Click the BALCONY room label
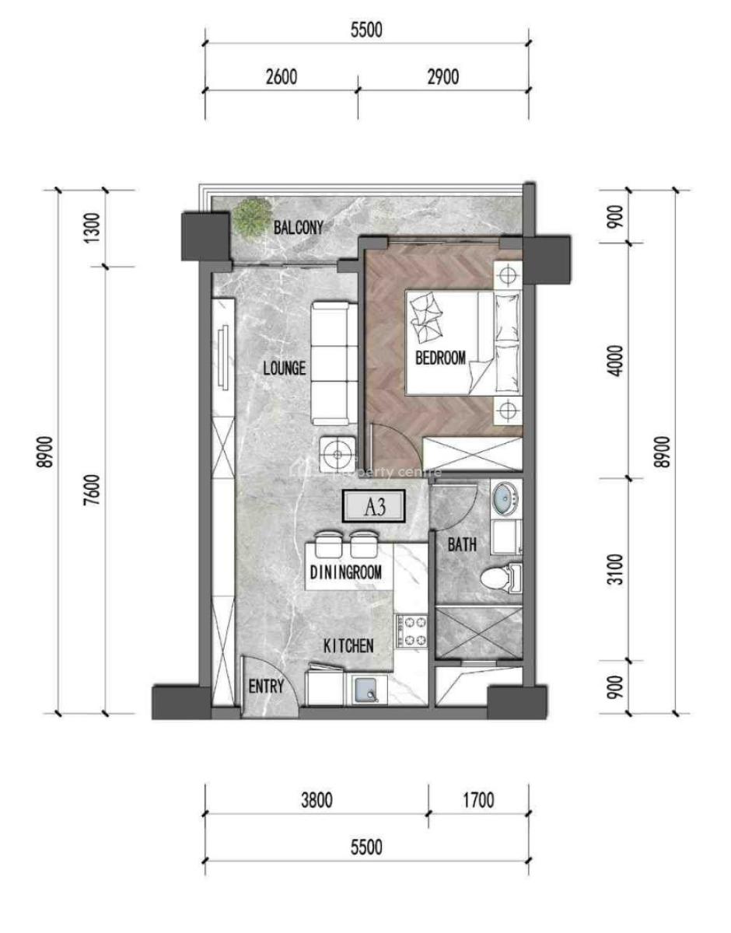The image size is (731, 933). pyautogui.click(x=298, y=228)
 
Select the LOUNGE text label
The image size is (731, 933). pyautogui.click(x=284, y=369)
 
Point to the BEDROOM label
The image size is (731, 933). pyautogui.click(x=440, y=358)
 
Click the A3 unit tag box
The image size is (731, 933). pyautogui.click(x=376, y=508)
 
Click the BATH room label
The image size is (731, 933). pyautogui.click(x=461, y=546)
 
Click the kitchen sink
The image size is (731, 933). pyautogui.click(x=369, y=689)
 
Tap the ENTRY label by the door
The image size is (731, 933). pyautogui.click(x=265, y=687)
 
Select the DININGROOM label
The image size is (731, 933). pyautogui.click(x=345, y=573)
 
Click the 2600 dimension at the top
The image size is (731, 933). pyautogui.click(x=281, y=77)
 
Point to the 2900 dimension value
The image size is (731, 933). pyautogui.click(x=442, y=77)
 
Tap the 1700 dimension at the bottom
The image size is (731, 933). pyautogui.click(x=477, y=800)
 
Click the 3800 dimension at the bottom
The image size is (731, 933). pyautogui.click(x=316, y=800)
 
